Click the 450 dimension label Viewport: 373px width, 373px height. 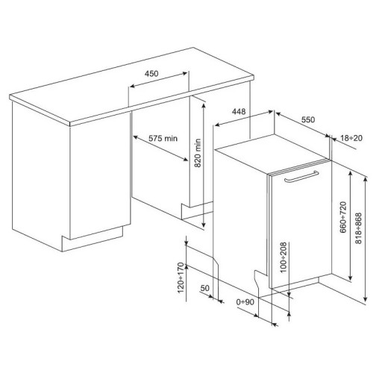pos(151,74)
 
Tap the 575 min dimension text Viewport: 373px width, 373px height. pos(163,138)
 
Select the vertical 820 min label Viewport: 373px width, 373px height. pos(197,153)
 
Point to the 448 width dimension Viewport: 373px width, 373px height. pos(239,112)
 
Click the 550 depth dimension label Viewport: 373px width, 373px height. pos(308,120)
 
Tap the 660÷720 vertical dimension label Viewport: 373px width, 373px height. pos(343,217)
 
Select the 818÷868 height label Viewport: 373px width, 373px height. pos(358,228)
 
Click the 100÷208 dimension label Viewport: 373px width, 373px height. pos(283,257)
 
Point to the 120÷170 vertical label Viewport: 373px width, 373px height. pos(181,278)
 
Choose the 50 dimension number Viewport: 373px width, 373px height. pos(205,288)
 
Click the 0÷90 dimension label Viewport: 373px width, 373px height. pos(245,302)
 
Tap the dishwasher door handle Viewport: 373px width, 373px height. pos(301,177)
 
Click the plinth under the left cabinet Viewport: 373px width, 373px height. pos(93,239)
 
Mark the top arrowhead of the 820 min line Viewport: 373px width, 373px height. pos(204,105)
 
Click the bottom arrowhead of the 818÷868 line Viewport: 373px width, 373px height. pos(366,299)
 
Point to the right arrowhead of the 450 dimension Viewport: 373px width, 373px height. pos(184,73)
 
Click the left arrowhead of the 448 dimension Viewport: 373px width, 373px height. pos(218,125)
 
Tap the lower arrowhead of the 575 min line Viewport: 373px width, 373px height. pos(186,160)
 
